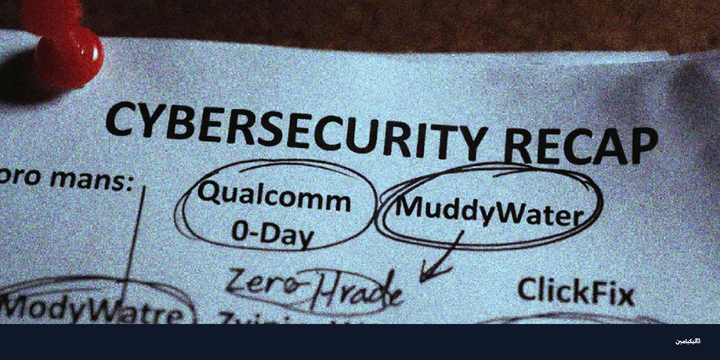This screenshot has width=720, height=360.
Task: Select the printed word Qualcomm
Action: (274, 197)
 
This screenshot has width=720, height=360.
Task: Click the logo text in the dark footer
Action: (688, 341)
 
